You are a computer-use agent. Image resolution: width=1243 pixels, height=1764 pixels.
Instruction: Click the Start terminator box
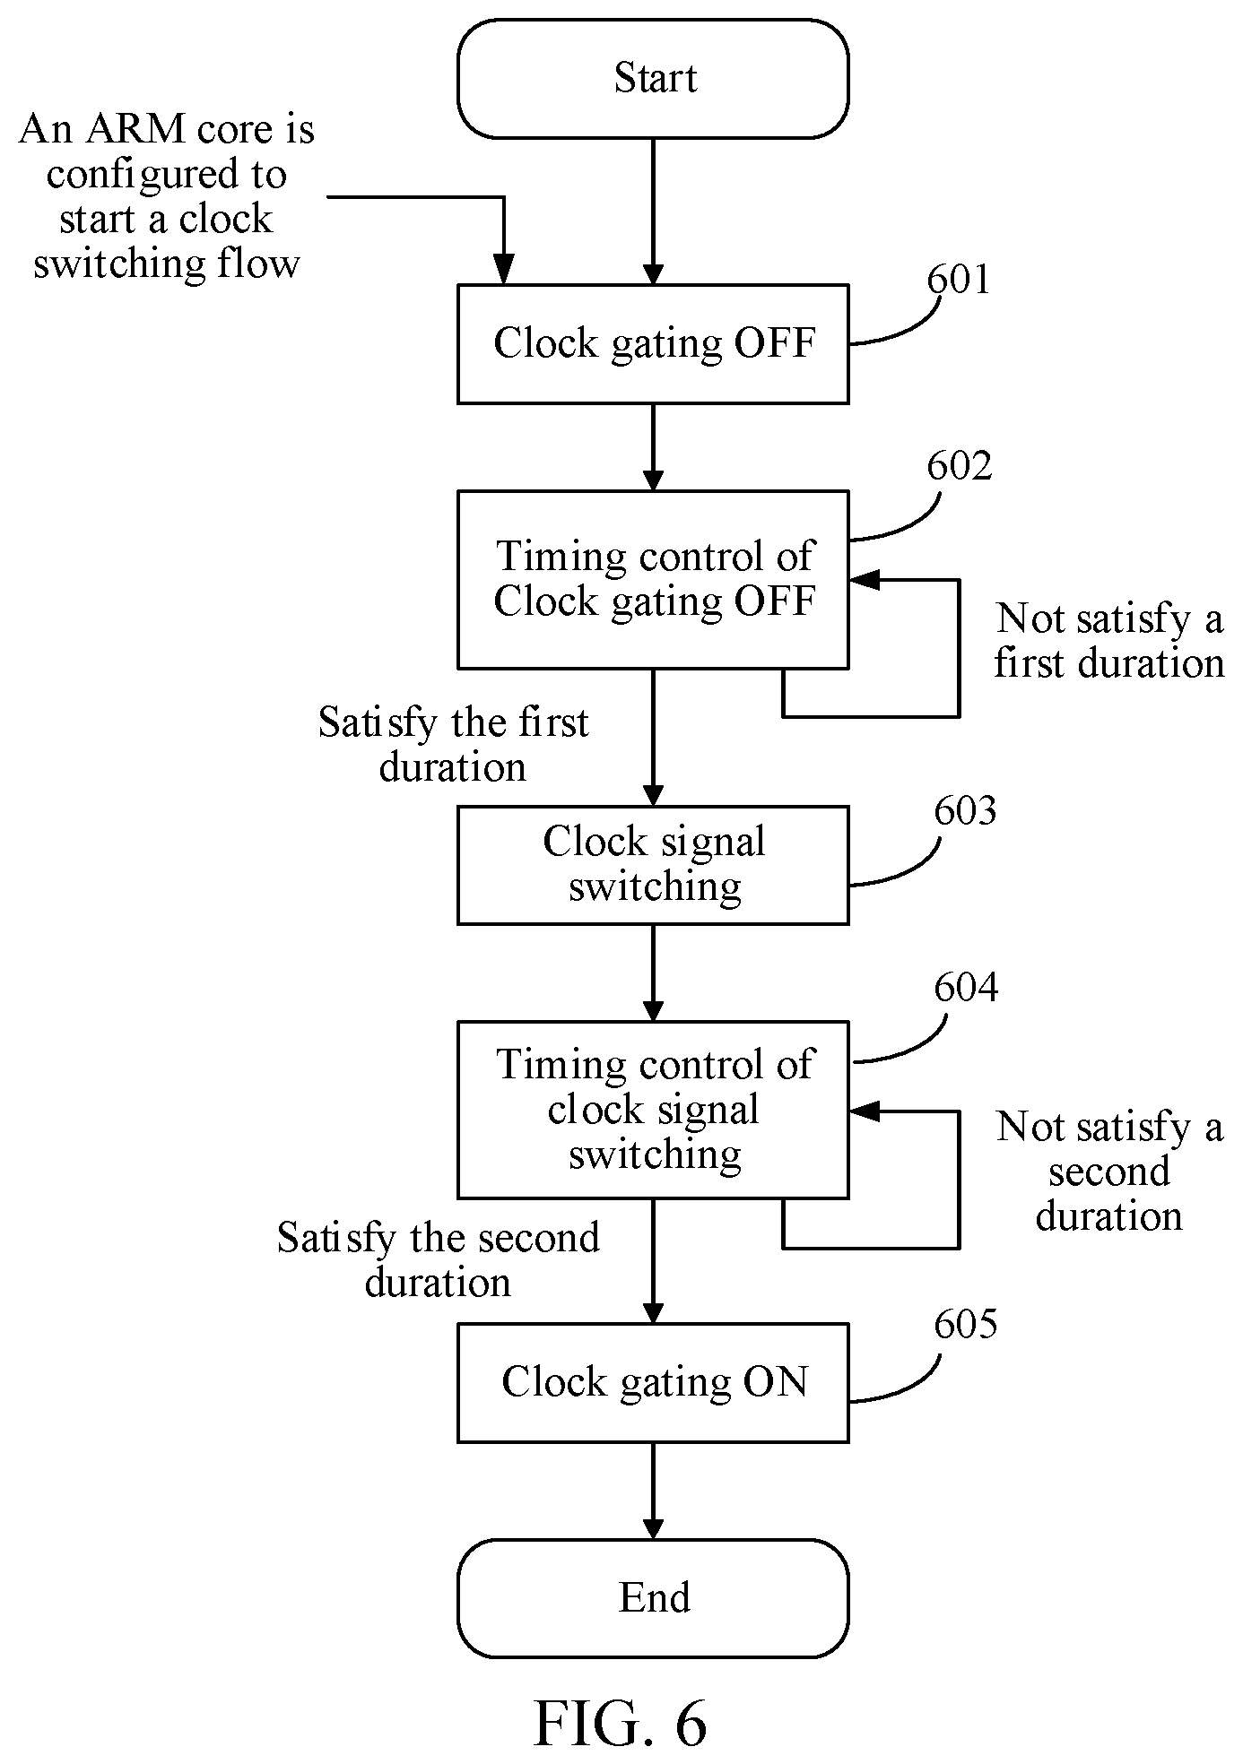653,79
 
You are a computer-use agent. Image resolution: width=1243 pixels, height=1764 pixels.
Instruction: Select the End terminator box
653,1598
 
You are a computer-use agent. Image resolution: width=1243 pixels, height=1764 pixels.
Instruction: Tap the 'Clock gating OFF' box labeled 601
653,344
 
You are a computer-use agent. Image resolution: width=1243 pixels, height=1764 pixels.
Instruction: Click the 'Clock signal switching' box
653,865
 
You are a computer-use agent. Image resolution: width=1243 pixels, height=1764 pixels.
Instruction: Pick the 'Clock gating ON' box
653,1382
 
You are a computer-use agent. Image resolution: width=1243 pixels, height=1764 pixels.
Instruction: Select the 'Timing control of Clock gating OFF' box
653,579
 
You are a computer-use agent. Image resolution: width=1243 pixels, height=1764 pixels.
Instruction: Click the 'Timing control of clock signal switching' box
653,1110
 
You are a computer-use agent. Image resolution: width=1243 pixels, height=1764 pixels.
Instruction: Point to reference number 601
959,281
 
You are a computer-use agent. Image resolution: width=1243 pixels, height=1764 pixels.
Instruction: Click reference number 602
960,466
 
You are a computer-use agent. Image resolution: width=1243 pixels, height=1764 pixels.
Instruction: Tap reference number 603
965,810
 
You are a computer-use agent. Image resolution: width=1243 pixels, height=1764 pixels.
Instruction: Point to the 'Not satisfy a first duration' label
1109,641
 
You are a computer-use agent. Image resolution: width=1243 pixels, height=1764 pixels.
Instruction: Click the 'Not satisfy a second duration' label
1109,1171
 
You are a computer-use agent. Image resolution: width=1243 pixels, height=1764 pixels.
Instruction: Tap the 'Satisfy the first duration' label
453,744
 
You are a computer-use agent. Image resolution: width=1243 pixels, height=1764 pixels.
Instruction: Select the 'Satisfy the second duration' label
438,1259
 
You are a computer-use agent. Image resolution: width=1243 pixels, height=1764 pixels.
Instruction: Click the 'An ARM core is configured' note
167,196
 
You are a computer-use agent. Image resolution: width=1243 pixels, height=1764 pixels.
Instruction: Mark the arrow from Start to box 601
653,212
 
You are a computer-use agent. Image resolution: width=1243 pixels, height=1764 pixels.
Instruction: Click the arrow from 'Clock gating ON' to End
653,1492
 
